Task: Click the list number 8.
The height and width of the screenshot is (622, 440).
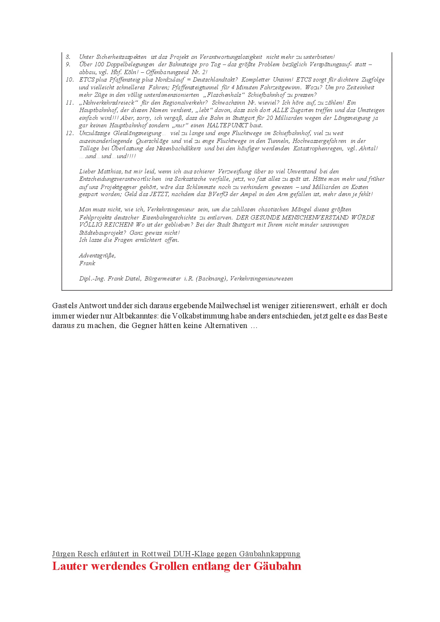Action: pos(68,57)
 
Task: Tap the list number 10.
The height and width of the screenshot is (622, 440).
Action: pos(70,80)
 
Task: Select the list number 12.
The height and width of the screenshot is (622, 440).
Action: pos(70,133)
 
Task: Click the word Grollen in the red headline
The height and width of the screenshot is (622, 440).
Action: pos(169,566)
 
